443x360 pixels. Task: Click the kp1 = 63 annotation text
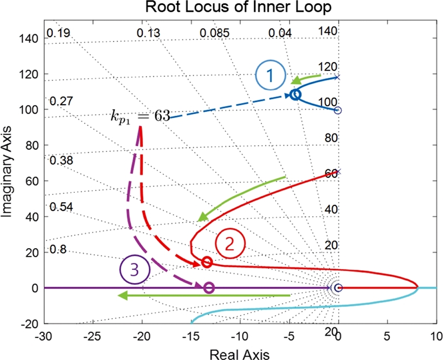tap(139, 117)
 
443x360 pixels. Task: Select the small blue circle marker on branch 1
tap(295, 95)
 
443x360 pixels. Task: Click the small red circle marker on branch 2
tap(207, 262)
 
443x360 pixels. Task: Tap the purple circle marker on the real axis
tap(209, 287)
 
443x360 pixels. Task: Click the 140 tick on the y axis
tap(28, 38)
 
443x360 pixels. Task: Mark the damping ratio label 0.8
tap(58, 249)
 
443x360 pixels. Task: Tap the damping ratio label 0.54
tap(61, 207)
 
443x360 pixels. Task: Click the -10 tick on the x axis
tap(239, 336)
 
